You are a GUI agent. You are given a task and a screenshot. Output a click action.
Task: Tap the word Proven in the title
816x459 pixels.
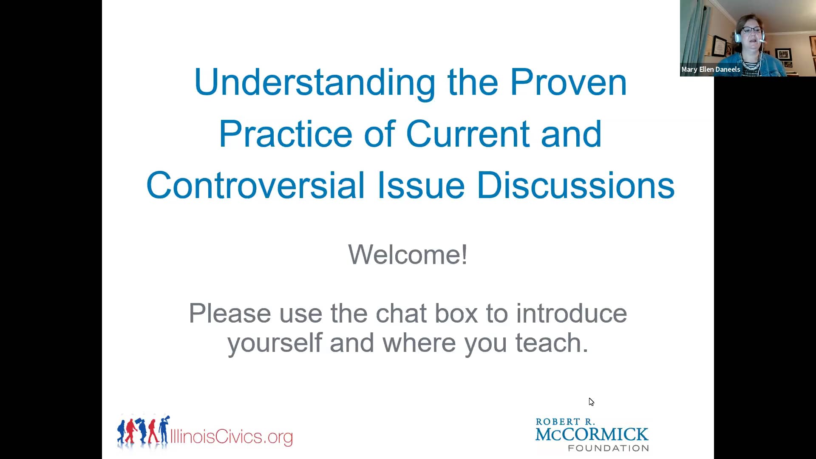[568, 82]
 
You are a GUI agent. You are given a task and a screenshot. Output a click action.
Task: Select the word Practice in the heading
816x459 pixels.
[286, 134]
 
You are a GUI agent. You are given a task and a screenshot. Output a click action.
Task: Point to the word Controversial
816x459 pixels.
[255, 185]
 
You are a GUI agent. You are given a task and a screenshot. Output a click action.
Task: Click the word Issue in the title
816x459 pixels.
[421, 185]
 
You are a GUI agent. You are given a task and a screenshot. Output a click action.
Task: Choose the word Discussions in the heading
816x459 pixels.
[576, 185]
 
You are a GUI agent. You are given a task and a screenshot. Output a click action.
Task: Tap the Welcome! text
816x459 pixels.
[408, 255]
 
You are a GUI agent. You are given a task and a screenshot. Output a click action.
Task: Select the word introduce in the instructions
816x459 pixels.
[572, 314]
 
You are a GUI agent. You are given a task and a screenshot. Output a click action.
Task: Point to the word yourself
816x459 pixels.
[275, 343]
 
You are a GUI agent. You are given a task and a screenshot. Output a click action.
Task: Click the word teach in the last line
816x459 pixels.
[552, 343]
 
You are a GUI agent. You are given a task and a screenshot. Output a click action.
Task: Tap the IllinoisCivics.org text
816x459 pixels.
[232, 436]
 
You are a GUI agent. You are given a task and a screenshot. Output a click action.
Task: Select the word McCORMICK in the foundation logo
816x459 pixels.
[592, 435]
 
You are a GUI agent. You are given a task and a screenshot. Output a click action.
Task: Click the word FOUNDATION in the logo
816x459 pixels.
[609, 448]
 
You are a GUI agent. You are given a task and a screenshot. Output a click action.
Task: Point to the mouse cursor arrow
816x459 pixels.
[591, 402]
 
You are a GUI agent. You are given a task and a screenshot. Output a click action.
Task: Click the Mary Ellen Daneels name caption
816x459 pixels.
[711, 69]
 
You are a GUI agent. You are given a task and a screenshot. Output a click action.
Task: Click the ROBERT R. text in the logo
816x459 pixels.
[565, 422]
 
